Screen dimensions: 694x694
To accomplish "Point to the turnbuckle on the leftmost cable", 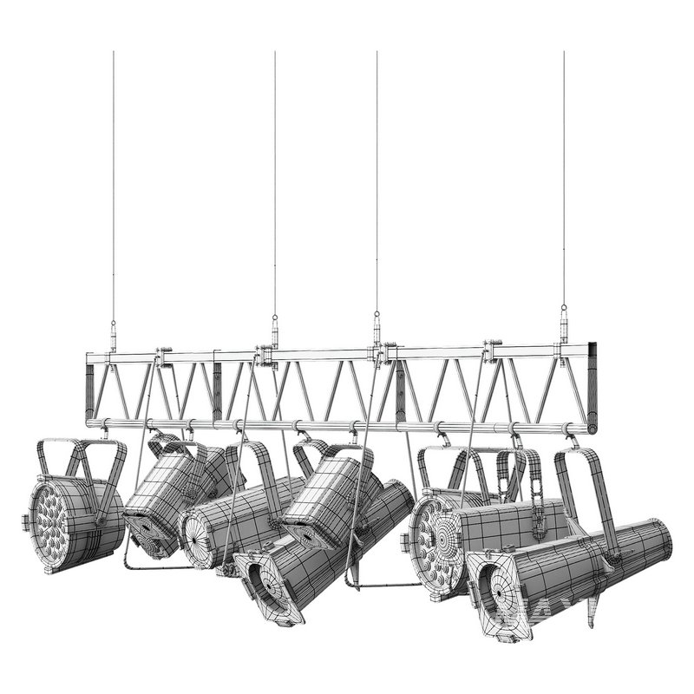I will (113, 335).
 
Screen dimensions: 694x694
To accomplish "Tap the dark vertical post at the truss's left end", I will (89, 390).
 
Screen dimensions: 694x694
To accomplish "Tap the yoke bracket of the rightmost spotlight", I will (593, 494).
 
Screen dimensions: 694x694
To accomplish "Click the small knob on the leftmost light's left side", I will (25, 520).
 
